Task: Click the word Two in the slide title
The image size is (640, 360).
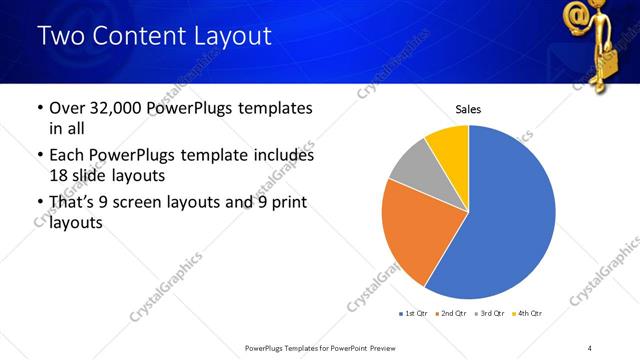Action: click(61, 37)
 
